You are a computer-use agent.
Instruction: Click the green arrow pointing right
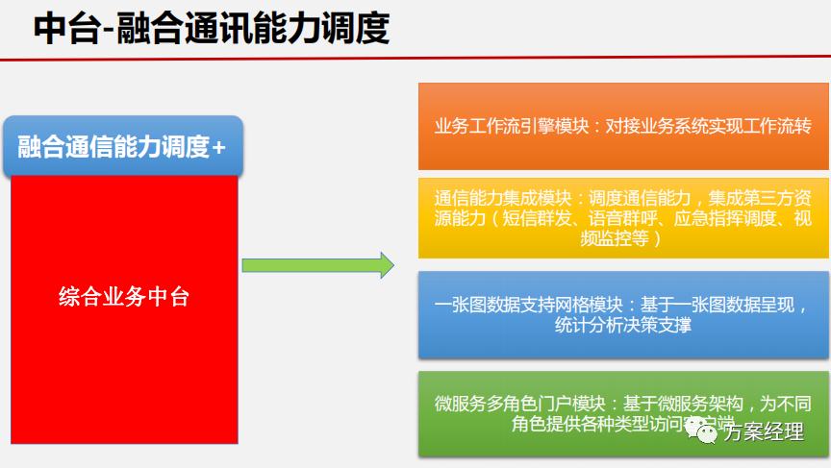click(317, 265)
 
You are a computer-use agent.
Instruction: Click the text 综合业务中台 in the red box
click(124, 297)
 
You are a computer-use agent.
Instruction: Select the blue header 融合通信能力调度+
click(123, 147)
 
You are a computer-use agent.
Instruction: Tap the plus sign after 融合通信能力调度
click(219, 147)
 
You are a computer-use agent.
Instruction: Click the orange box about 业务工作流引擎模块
click(623, 126)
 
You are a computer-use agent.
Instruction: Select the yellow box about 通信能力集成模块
click(623, 217)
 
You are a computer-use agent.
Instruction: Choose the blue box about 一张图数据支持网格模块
click(623, 314)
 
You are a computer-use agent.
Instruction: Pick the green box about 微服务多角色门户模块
click(623, 411)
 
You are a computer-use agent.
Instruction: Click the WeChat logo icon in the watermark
click(707, 433)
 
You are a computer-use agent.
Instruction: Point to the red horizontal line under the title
click(415, 60)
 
